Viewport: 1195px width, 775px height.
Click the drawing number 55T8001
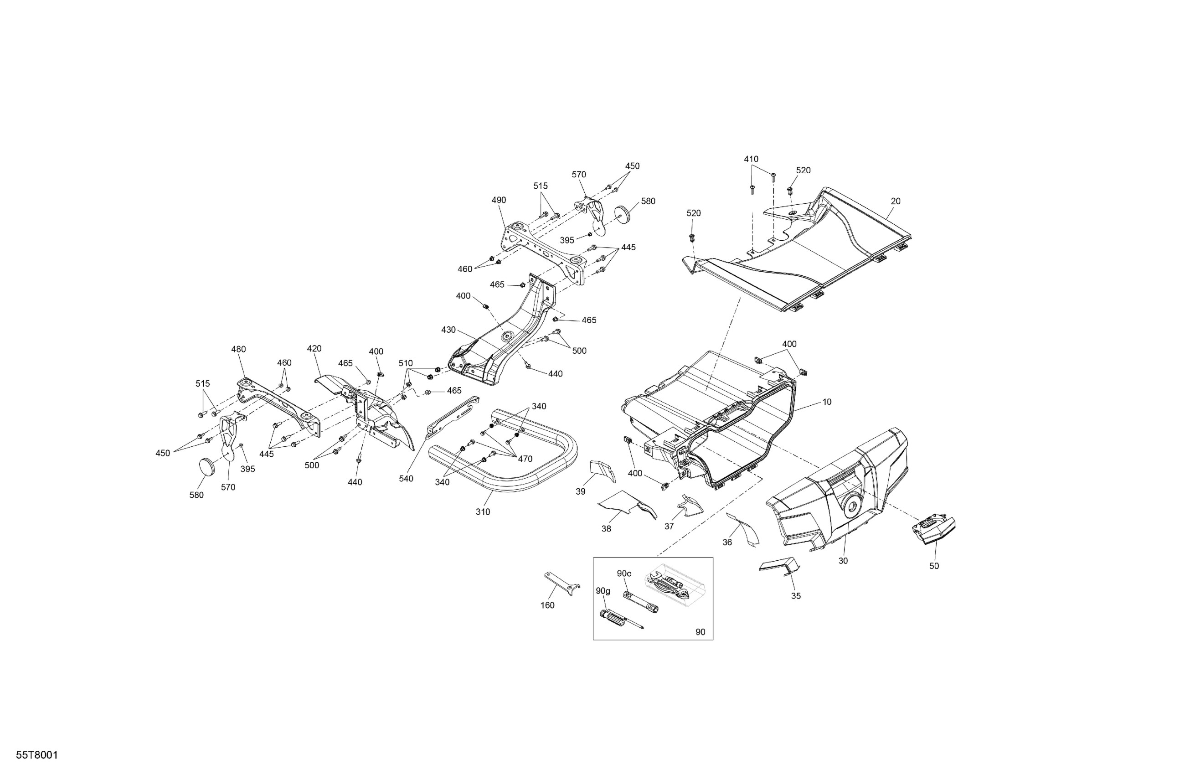[x=37, y=755]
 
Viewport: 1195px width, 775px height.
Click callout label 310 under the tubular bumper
[x=483, y=511]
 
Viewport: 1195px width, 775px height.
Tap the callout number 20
[x=895, y=201]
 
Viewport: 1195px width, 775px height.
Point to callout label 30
[x=843, y=561]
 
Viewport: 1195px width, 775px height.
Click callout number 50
[x=934, y=566]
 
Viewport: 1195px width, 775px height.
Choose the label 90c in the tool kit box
[x=624, y=573]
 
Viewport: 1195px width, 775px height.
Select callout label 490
[x=499, y=200]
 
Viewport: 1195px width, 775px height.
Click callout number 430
[x=448, y=330]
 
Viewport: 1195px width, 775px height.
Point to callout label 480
[x=238, y=349]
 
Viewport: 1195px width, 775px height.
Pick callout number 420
[x=314, y=349]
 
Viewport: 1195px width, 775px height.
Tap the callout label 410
[x=751, y=159]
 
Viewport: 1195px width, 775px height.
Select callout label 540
[x=406, y=479]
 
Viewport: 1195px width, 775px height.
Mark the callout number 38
[x=606, y=528]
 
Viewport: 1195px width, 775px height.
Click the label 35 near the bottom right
[x=796, y=596]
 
